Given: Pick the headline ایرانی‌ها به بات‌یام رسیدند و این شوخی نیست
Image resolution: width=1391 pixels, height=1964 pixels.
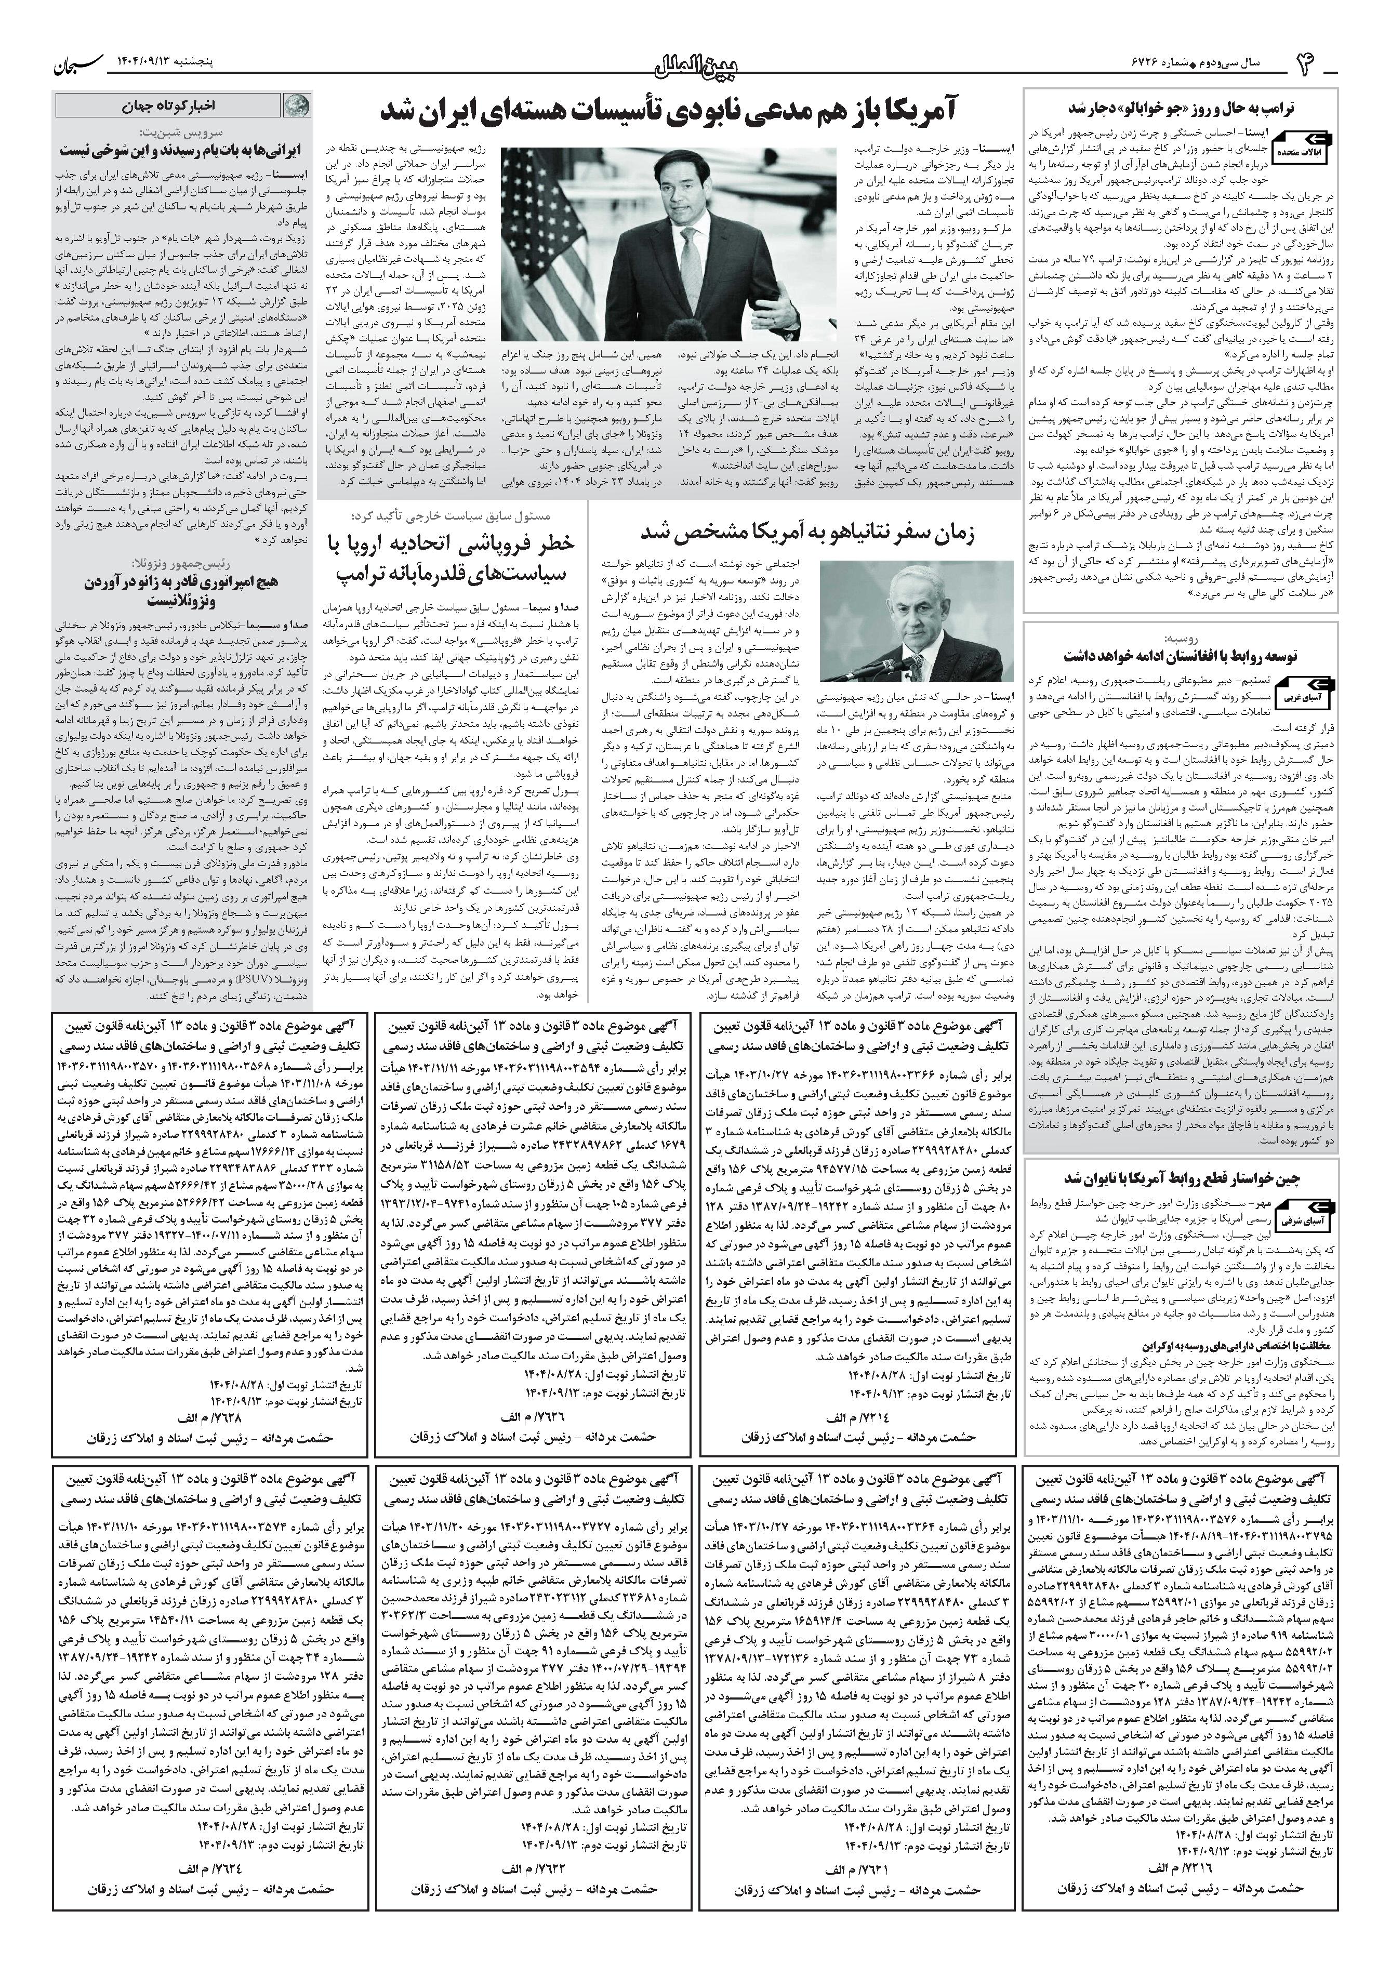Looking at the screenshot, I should [x=180, y=150].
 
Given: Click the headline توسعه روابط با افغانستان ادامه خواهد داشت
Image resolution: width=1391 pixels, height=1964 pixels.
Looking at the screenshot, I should [x=1193, y=656].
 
